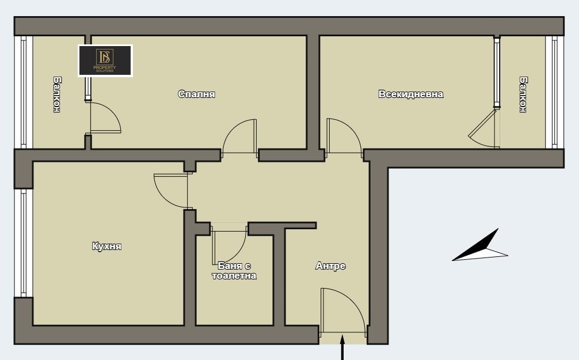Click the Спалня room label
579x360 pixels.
[196, 94]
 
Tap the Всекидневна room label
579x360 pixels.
[410, 94]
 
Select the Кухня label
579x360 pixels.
[106, 246]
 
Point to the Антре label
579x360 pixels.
[330, 266]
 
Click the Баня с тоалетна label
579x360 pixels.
[234, 271]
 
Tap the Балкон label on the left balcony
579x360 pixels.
[57, 94]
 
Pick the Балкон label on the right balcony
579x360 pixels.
[523, 94]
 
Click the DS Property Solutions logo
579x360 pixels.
[105, 60]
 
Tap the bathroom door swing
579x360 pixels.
[229, 244]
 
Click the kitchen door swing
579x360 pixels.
[171, 191]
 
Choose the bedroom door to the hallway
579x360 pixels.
[239, 137]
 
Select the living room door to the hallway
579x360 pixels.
[344, 137]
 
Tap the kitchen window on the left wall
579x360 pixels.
[24, 243]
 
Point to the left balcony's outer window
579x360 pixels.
[24, 92]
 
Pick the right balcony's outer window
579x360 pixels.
[555, 92]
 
